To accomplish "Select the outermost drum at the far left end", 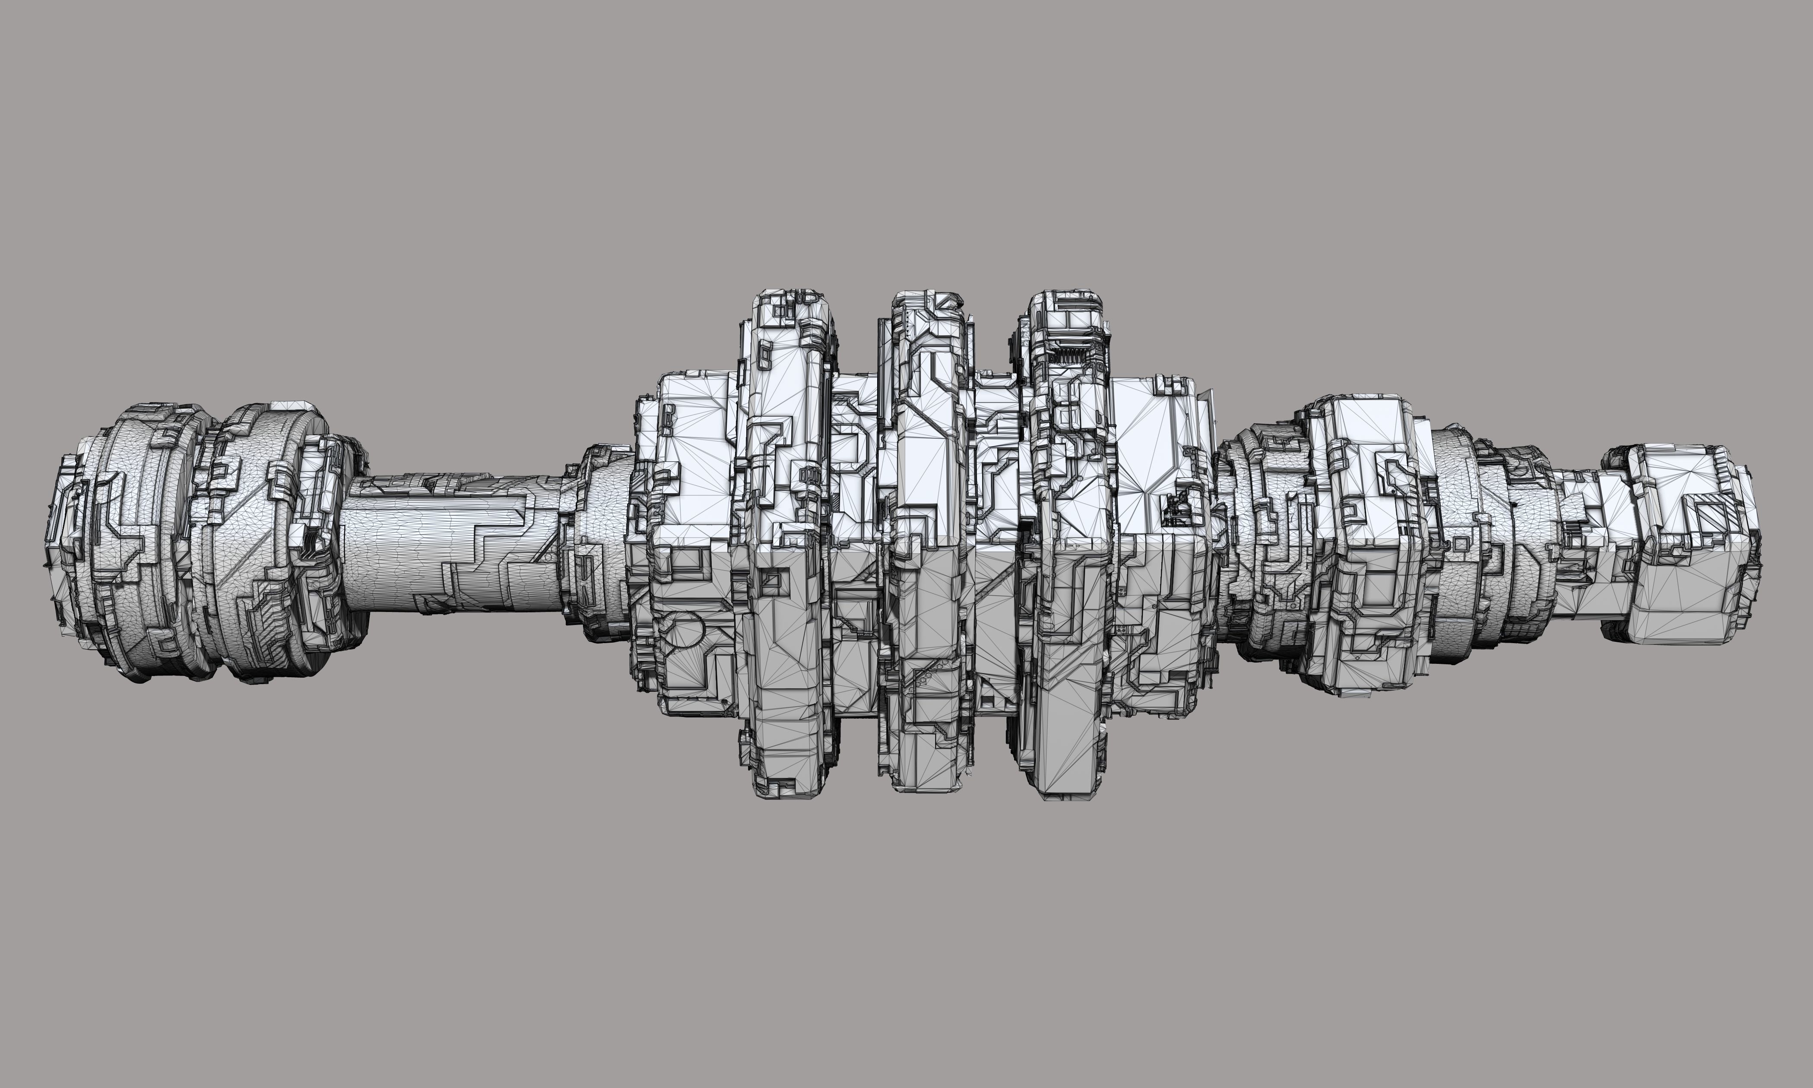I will [x=125, y=542].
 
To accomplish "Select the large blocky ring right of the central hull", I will [x=1363, y=542].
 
